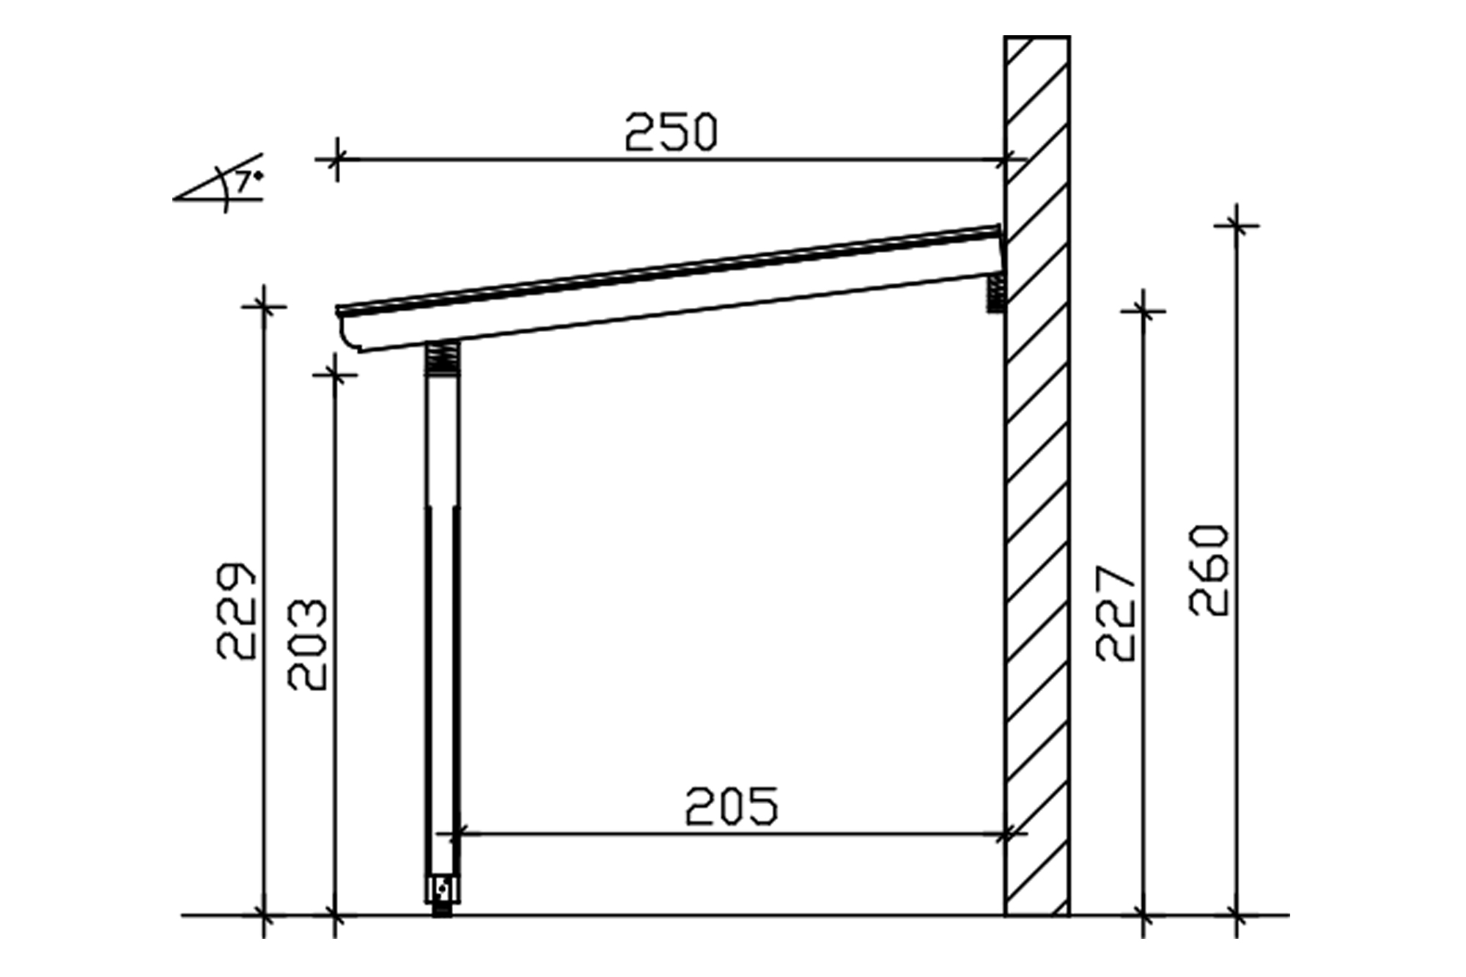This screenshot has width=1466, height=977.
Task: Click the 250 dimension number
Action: click(671, 132)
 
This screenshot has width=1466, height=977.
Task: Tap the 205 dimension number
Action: click(732, 806)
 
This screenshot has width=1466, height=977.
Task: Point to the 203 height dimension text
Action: click(307, 645)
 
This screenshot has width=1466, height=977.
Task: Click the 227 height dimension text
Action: click(1115, 613)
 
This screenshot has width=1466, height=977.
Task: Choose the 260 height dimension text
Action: click(1208, 569)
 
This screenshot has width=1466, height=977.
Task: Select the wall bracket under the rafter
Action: click(995, 293)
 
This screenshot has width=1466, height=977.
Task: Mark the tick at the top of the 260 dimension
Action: click(1237, 226)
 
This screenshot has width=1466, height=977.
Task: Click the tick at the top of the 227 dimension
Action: click(1143, 311)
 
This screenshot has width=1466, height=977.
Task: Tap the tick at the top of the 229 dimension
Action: click(264, 307)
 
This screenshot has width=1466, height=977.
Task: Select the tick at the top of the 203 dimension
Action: click(335, 375)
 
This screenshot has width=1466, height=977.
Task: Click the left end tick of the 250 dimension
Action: click(336, 159)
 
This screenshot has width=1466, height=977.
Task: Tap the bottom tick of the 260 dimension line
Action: click(1237, 915)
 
